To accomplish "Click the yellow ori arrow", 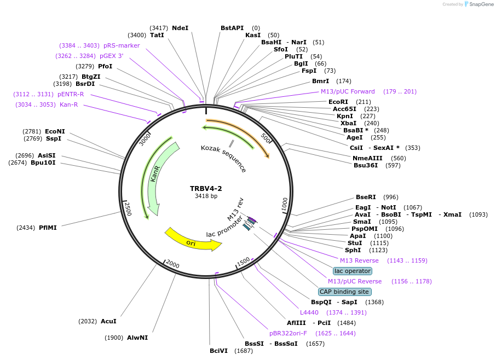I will (192, 241).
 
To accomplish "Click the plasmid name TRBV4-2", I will (206, 189).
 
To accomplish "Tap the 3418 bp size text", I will (206, 196).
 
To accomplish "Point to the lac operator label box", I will (353, 271).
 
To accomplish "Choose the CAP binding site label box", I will (344, 292).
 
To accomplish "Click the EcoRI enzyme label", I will (338, 102).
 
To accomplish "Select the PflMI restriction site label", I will (48, 228).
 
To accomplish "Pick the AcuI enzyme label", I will (108, 321).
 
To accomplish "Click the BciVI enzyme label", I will (218, 351).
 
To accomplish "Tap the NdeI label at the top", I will (180, 28).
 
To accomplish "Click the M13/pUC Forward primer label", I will (348, 91).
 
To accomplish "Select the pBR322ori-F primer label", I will (288, 333).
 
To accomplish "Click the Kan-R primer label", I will (69, 104).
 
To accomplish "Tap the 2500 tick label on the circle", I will (128, 208).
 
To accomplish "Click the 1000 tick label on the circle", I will (284, 205).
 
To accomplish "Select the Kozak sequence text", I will (223, 159).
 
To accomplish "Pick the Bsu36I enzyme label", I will (365, 165).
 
